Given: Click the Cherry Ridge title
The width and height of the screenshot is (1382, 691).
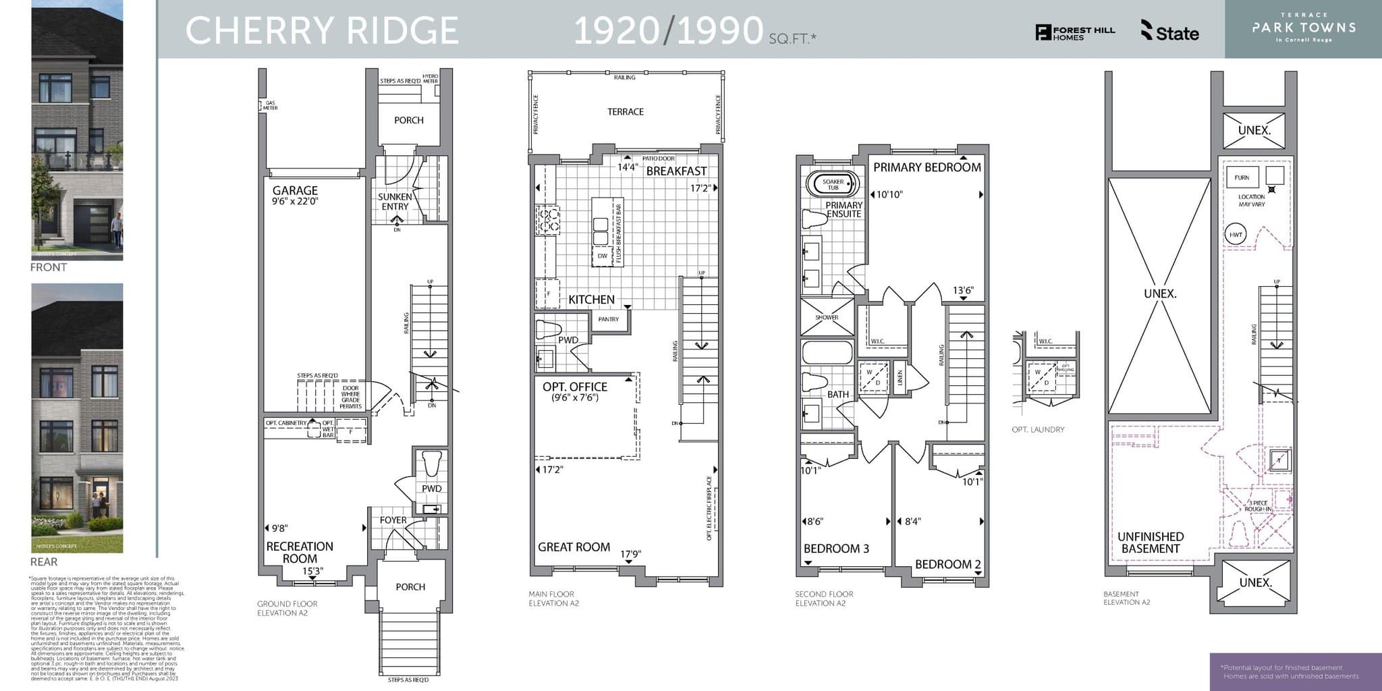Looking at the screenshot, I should (x=322, y=30).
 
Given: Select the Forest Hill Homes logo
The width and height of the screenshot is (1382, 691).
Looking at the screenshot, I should (x=1075, y=33).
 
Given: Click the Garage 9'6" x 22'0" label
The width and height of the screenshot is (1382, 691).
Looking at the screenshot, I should (x=295, y=196).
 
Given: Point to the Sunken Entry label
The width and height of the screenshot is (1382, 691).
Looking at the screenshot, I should (x=395, y=202).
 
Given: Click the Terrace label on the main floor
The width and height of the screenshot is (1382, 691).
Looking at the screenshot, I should (x=626, y=112).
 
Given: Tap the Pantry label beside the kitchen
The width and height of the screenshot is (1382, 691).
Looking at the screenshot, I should (x=608, y=319).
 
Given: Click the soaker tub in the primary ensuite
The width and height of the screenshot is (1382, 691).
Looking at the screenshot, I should (x=833, y=184).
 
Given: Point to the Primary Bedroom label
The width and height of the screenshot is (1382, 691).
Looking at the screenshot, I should (x=927, y=167).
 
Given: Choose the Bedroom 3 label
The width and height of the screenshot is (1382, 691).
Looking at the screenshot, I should (x=836, y=549).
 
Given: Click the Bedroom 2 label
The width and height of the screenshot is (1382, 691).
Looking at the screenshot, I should (x=947, y=564).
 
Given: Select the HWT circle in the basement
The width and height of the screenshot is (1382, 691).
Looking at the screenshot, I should (x=1236, y=235).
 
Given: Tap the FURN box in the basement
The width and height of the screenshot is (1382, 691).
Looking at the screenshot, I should (x=1242, y=177).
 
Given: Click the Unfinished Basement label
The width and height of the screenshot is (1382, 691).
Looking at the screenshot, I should (x=1151, y=543).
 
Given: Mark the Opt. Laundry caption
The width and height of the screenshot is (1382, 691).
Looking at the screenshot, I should (x=1038, y=429).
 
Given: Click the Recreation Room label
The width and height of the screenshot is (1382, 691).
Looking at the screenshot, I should (x=300, y=552).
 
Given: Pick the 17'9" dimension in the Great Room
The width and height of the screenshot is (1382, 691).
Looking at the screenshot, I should (x=630, y=554).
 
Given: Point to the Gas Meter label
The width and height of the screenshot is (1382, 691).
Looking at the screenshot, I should (x=270, y=106).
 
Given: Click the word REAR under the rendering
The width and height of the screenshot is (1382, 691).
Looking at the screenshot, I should (x=44, y=561).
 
